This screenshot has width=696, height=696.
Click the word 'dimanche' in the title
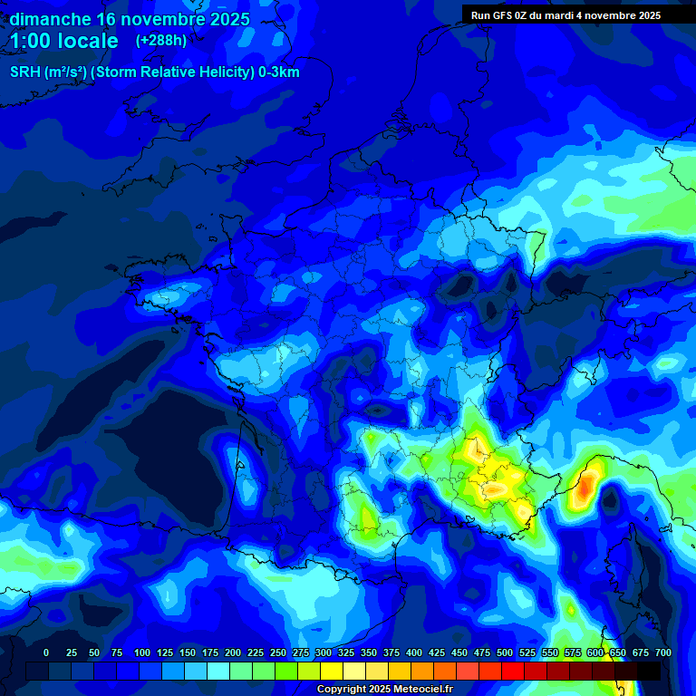coord(50,19)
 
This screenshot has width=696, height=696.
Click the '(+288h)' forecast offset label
coord(161,41)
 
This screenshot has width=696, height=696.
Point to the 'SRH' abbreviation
coord(25,72)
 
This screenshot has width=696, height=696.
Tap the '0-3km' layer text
coord(279,72)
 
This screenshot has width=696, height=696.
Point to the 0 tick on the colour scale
coord(46,652)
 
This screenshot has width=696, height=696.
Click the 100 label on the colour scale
coord(141,652)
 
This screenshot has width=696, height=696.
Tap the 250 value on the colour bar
coord(278,652)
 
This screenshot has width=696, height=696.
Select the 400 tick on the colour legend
coord(414,652)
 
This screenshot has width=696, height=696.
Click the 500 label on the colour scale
coord(505,652)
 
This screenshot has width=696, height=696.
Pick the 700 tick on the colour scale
coord(663,652)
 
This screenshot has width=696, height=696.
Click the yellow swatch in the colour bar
coord(332,671)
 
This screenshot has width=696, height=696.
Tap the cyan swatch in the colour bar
coord(218,671)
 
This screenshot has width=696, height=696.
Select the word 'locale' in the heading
coord(85,41)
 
